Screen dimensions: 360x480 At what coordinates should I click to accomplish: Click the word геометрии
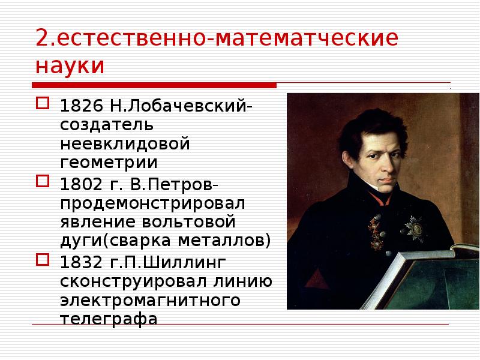click(108, 163)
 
